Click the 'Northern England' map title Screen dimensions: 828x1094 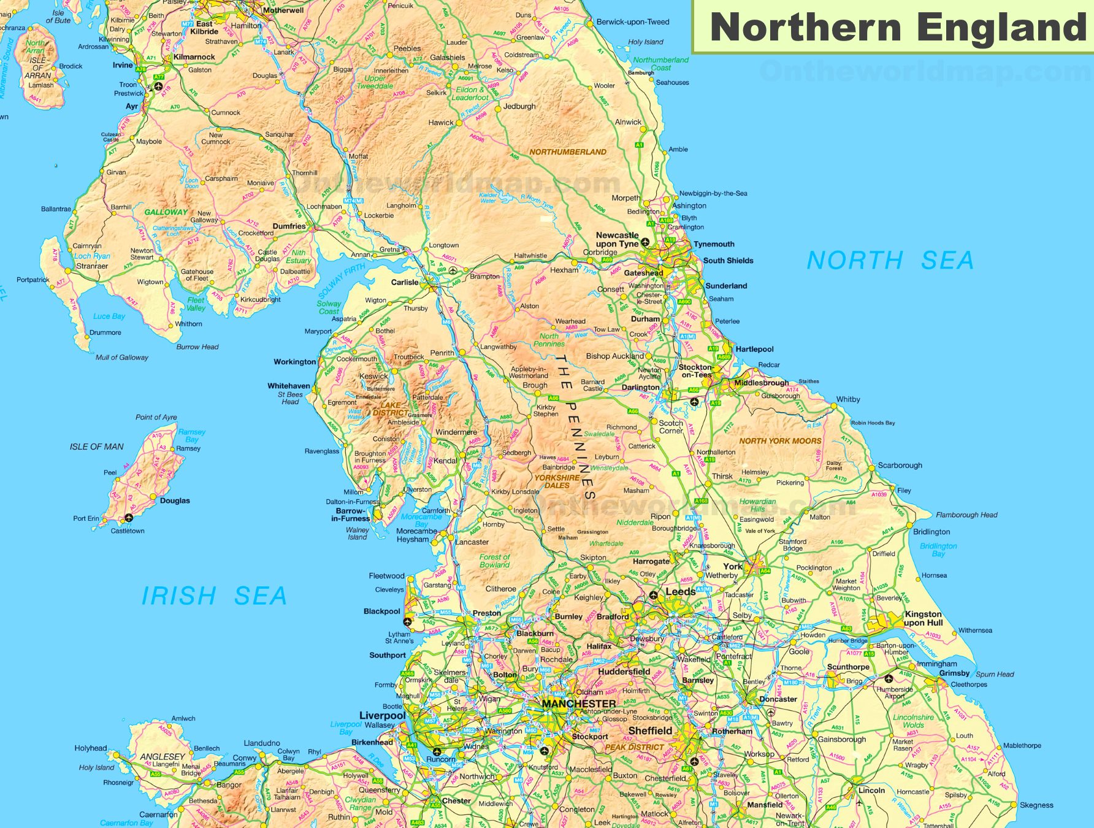coord(898,28)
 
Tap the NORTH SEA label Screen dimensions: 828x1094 coord(890,261)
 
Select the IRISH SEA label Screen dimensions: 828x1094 coord(214,596)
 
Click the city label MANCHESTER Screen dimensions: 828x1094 coord(579,703)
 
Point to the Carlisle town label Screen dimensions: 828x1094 coord(405,283)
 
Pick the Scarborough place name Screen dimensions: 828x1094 coord(900,466)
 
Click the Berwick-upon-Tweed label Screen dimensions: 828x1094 coord(633,22)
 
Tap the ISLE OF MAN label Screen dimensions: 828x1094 coord(96,447)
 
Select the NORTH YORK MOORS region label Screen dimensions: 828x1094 coord(779,441)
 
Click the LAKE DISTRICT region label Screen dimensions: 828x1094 coord(390,409)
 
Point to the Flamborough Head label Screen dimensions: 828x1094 coord(966,515)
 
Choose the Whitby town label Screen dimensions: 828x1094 coord(848,399)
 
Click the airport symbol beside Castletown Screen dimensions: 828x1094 coord(129,518)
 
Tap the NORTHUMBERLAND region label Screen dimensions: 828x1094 coord(567,152)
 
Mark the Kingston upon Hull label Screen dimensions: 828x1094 coord(923,618)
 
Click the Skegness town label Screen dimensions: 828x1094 coord(1036,805)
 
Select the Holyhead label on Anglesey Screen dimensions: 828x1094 coord(91,748)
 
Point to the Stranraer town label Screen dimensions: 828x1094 coord(92,266)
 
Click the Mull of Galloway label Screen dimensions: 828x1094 coord(121,358)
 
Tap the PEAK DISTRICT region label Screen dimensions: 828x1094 coord(634,748)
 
